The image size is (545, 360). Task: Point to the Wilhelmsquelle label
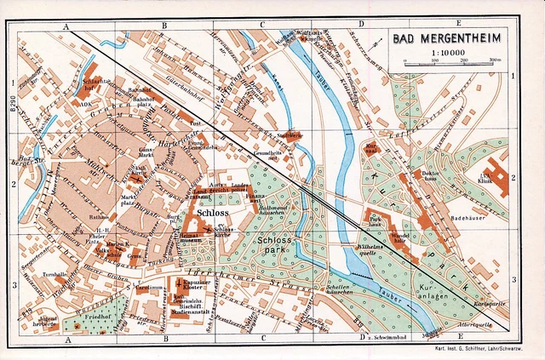pyautogui.click(x=368, y=249)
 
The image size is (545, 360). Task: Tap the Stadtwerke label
pyautogui.click(x=290, y=134)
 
